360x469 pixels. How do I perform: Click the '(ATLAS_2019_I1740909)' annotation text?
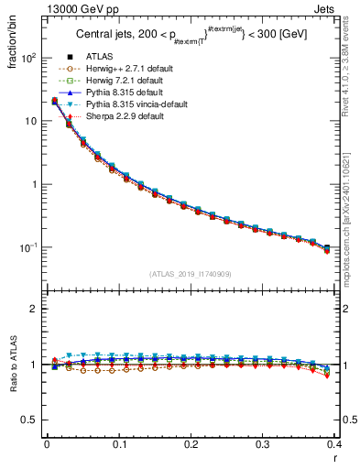(191, 273)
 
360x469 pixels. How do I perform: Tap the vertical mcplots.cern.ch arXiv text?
(352, 220)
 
